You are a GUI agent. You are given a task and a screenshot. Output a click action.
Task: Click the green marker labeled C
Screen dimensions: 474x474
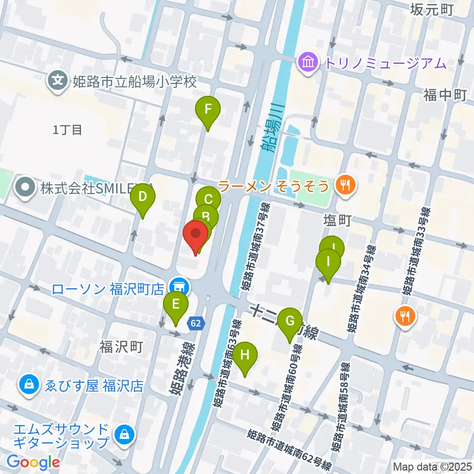tap(208, 199)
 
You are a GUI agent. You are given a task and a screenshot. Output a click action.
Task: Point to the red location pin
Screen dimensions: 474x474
tap(196, 235)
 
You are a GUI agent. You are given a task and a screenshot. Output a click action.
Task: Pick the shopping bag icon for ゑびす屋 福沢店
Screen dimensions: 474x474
tap(29, 385)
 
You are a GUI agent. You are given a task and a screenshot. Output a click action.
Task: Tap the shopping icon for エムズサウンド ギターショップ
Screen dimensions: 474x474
tap(121, 434)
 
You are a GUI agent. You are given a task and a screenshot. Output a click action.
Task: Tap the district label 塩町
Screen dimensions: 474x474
tap(338, 220)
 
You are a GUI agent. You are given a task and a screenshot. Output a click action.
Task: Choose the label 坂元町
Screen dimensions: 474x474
tap(432, 9)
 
